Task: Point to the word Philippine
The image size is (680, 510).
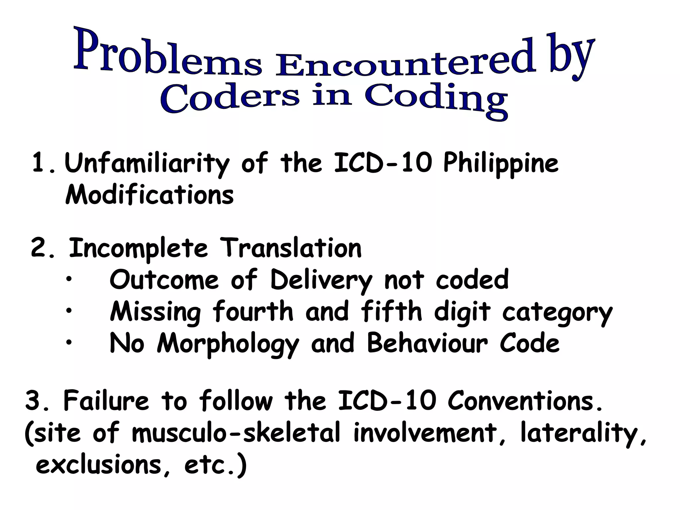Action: [x=501, y=164]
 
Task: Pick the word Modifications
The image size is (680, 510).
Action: [x=150, y=195]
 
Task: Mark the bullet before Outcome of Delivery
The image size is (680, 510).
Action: [x=68, y=280]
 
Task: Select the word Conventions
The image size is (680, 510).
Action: [x=525, y=401]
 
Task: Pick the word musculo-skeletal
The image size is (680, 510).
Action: [x=236, y=433]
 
